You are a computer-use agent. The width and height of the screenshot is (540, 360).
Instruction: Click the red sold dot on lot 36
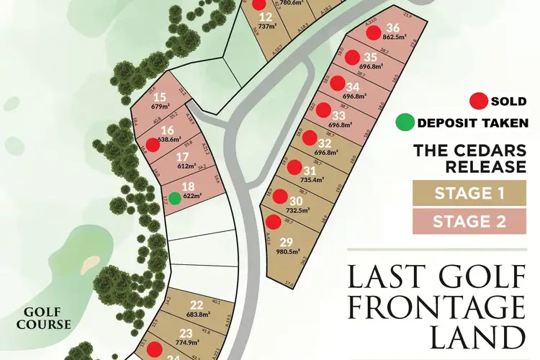pos(374,31)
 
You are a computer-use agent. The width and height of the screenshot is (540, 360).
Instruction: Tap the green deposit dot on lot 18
pos(175,197)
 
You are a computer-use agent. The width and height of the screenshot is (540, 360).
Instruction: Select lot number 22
pos(197,305)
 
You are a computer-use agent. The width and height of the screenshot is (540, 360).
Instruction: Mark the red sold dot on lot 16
pos(153,144)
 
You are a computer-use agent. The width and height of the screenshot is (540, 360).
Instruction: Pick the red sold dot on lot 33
pos(324,110)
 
